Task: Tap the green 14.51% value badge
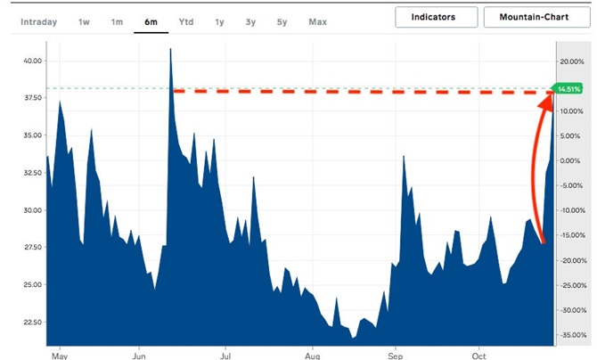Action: point(568,89)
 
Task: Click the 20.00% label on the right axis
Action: point(570,61)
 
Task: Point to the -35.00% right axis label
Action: point(570,335)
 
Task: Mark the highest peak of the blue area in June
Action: point(169,49)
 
